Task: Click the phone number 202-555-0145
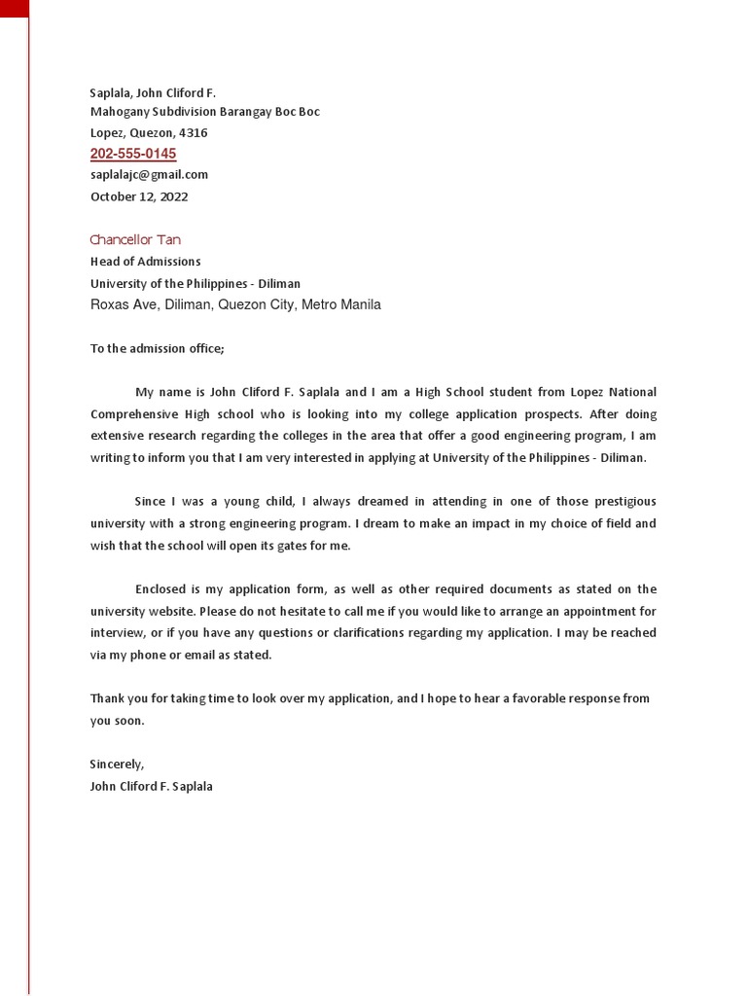pyautogui.click(x=133, y=154)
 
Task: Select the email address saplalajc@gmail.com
pyautogui.click(x=149, y=175)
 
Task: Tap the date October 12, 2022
pyautogui.click(x=139, y=196)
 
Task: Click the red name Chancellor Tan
pyautogui.click(x=135, y=240)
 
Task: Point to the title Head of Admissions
pyautogui.click(x=145, y=262)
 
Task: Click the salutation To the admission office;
pyautogui.click(x=157, y=348)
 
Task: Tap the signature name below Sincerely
pyautogui.click(x=151, y=786)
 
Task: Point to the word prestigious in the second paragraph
pyautogui.click(x=619, y=502)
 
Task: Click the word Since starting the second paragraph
pyautogui.click(x=151, y=502)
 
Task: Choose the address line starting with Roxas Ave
pyautogui.click(x=235, y=305)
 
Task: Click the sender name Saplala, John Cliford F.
pyautogui.click(x=153, y=93)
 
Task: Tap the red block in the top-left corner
pyautogui.click(x=15, y=9)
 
